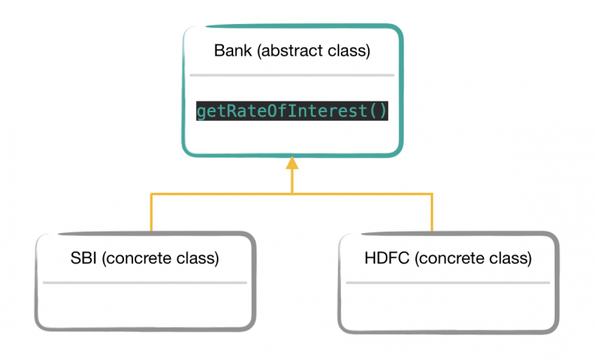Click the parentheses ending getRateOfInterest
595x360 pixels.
377,111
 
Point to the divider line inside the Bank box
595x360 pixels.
291,75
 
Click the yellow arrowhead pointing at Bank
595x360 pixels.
292,163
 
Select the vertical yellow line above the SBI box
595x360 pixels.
151,213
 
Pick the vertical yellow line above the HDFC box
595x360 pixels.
432,213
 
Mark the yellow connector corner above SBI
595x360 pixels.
151,194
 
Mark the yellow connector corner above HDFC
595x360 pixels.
432,194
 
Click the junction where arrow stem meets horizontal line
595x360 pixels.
292,194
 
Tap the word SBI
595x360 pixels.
84,259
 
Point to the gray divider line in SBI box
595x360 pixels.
145,283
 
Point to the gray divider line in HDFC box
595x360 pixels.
448,283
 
